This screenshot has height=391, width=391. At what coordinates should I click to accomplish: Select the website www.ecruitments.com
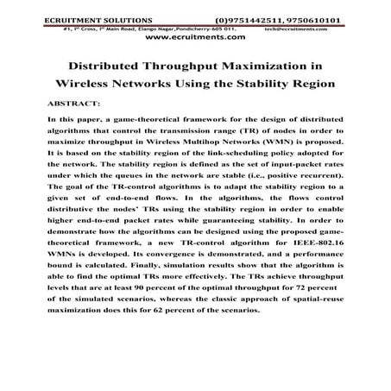tap(195, 39)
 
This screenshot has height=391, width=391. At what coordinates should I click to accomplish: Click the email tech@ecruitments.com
tap(325, 27)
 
